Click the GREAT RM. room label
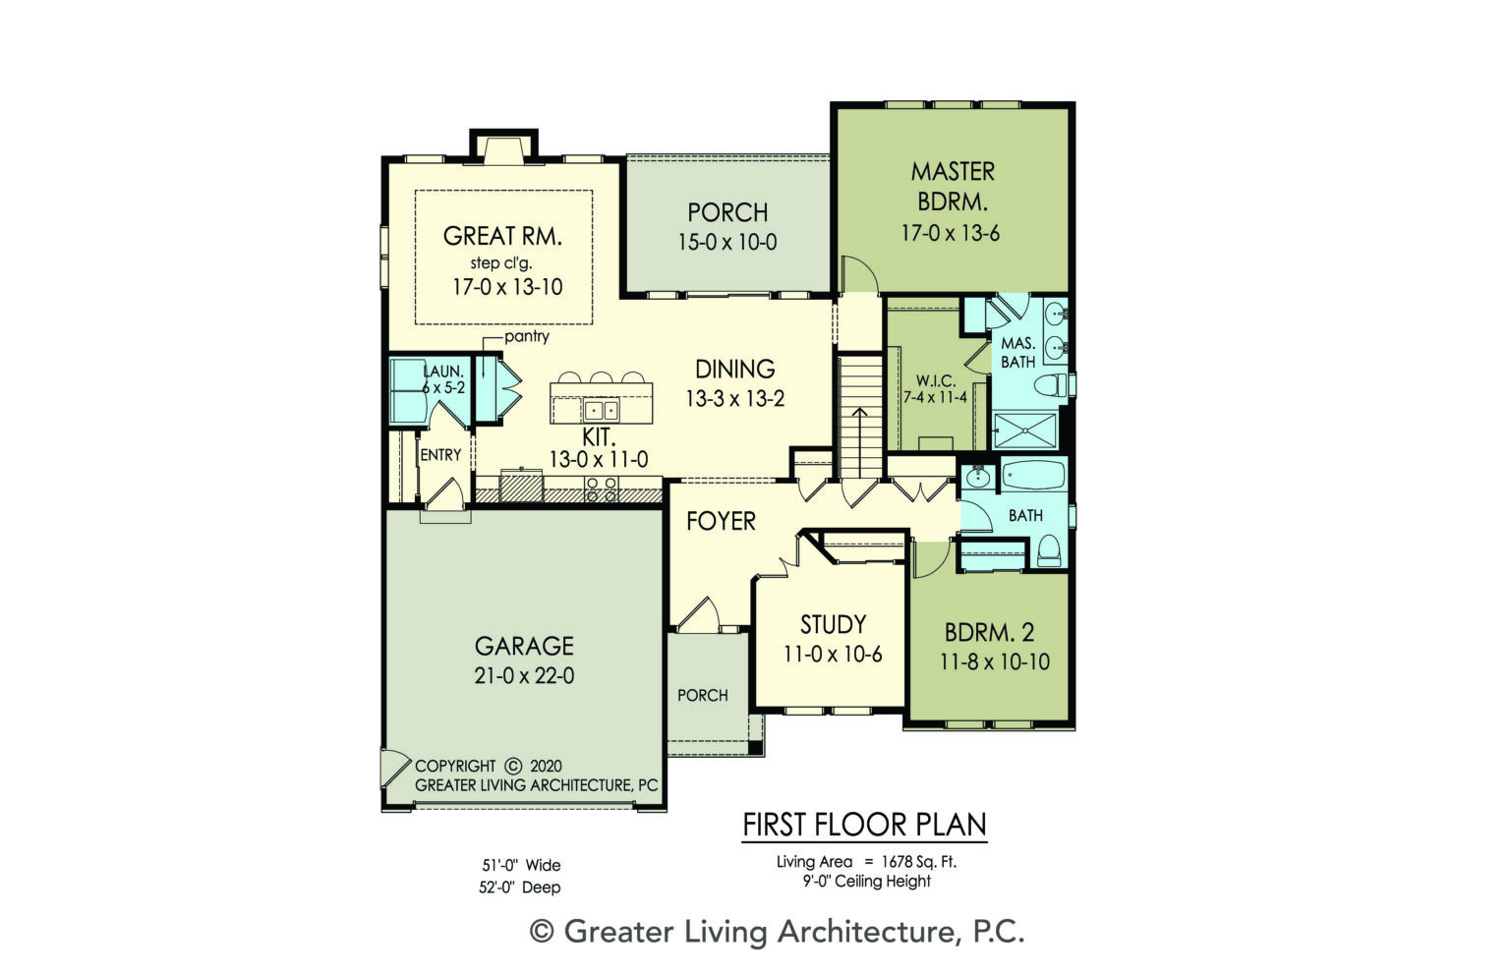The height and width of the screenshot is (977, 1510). pos(502,236)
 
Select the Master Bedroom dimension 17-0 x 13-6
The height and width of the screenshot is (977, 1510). pos(951,234)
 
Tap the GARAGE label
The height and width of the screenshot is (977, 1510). pos(524,646)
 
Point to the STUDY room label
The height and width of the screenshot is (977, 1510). pos(833,625)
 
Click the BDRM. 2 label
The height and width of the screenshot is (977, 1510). pos(989,633)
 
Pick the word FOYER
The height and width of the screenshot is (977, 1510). pos(721,521)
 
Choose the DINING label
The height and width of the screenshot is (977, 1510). pos(734,370)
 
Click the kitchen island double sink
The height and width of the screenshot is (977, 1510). pos(600,410)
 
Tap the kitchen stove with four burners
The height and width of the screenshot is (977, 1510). pos(602,488)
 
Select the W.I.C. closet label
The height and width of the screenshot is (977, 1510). pos(935,380)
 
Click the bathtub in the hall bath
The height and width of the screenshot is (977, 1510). pos(1033,478)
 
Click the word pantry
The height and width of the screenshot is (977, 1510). pos(527,336)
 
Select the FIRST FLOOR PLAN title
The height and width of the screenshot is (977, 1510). pos(864,825)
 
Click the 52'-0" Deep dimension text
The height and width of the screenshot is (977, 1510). pos(521,888)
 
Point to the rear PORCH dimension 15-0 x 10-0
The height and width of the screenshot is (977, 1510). pos(726,243)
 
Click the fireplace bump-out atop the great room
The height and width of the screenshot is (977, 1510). pos(503,147)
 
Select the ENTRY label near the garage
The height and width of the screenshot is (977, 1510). pos(440,455)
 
